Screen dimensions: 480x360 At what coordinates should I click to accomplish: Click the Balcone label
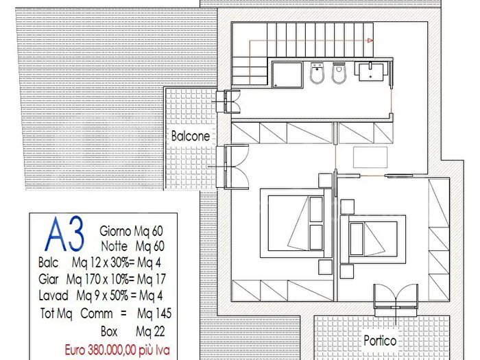pyautogui.click(x=191, y=136)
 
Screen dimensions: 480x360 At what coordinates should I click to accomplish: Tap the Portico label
pyautogui.click(x=380, y=340)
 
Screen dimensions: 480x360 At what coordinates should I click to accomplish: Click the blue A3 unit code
pyautogui.click(x=64, y=234)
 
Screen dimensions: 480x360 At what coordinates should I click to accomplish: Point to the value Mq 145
pyautogui.click(x=154, y=313)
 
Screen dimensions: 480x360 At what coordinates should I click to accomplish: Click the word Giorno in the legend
pyautogui.click(x=115, y=231)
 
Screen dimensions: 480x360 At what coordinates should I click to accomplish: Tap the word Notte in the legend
pyautogui.click(x=115, y=245)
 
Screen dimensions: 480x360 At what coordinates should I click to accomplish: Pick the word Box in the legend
pyautogui.click(x=109, y=331)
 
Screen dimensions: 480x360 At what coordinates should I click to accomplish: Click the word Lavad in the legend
pyautogui.click(x=53, y=296)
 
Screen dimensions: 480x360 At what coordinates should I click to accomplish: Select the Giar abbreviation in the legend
pyautogui.click(x=49, y=279)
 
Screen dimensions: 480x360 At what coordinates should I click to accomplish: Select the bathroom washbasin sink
pyautogui.click(x=371, y=71)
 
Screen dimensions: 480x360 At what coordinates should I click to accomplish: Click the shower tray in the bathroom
pyautogui.click(x=287, y=75)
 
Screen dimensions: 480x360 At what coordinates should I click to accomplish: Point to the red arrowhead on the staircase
pyautogui.click(x=370, y=40)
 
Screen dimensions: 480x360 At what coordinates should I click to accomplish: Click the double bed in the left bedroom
pyautogui.click(x=296, y=223)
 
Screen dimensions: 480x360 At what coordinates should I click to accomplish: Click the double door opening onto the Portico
pyautogui.click(x=396, y=300)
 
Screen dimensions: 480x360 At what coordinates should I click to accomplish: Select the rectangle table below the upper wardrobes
pyautogui.click(x=370, y=157)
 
